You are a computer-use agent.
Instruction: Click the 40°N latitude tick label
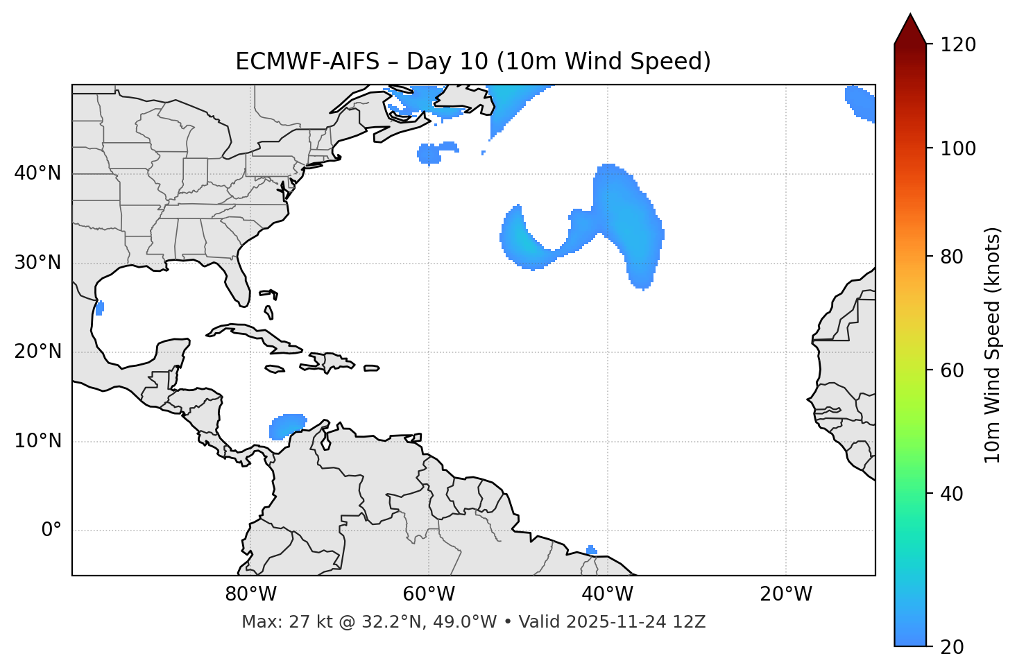point(37,173)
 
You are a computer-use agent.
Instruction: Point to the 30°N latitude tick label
point(37,263)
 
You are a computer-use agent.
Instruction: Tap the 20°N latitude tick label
point(37,352)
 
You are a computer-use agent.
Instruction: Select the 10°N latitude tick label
point(37,441)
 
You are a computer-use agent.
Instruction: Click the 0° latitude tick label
point(51,531)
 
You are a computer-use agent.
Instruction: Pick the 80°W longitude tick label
point(250,594)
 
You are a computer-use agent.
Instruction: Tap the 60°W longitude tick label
point(429,594)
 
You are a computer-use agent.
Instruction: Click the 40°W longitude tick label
point(608,594)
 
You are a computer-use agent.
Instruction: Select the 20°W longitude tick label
point(786,594)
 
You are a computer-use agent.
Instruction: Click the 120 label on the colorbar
point(958,45)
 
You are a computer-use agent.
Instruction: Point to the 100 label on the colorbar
point(958,148)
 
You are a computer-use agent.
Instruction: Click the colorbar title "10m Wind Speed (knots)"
point(993,345)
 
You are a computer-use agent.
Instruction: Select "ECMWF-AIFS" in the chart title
point(307,62)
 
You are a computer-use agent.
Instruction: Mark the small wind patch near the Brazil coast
point(591,551)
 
